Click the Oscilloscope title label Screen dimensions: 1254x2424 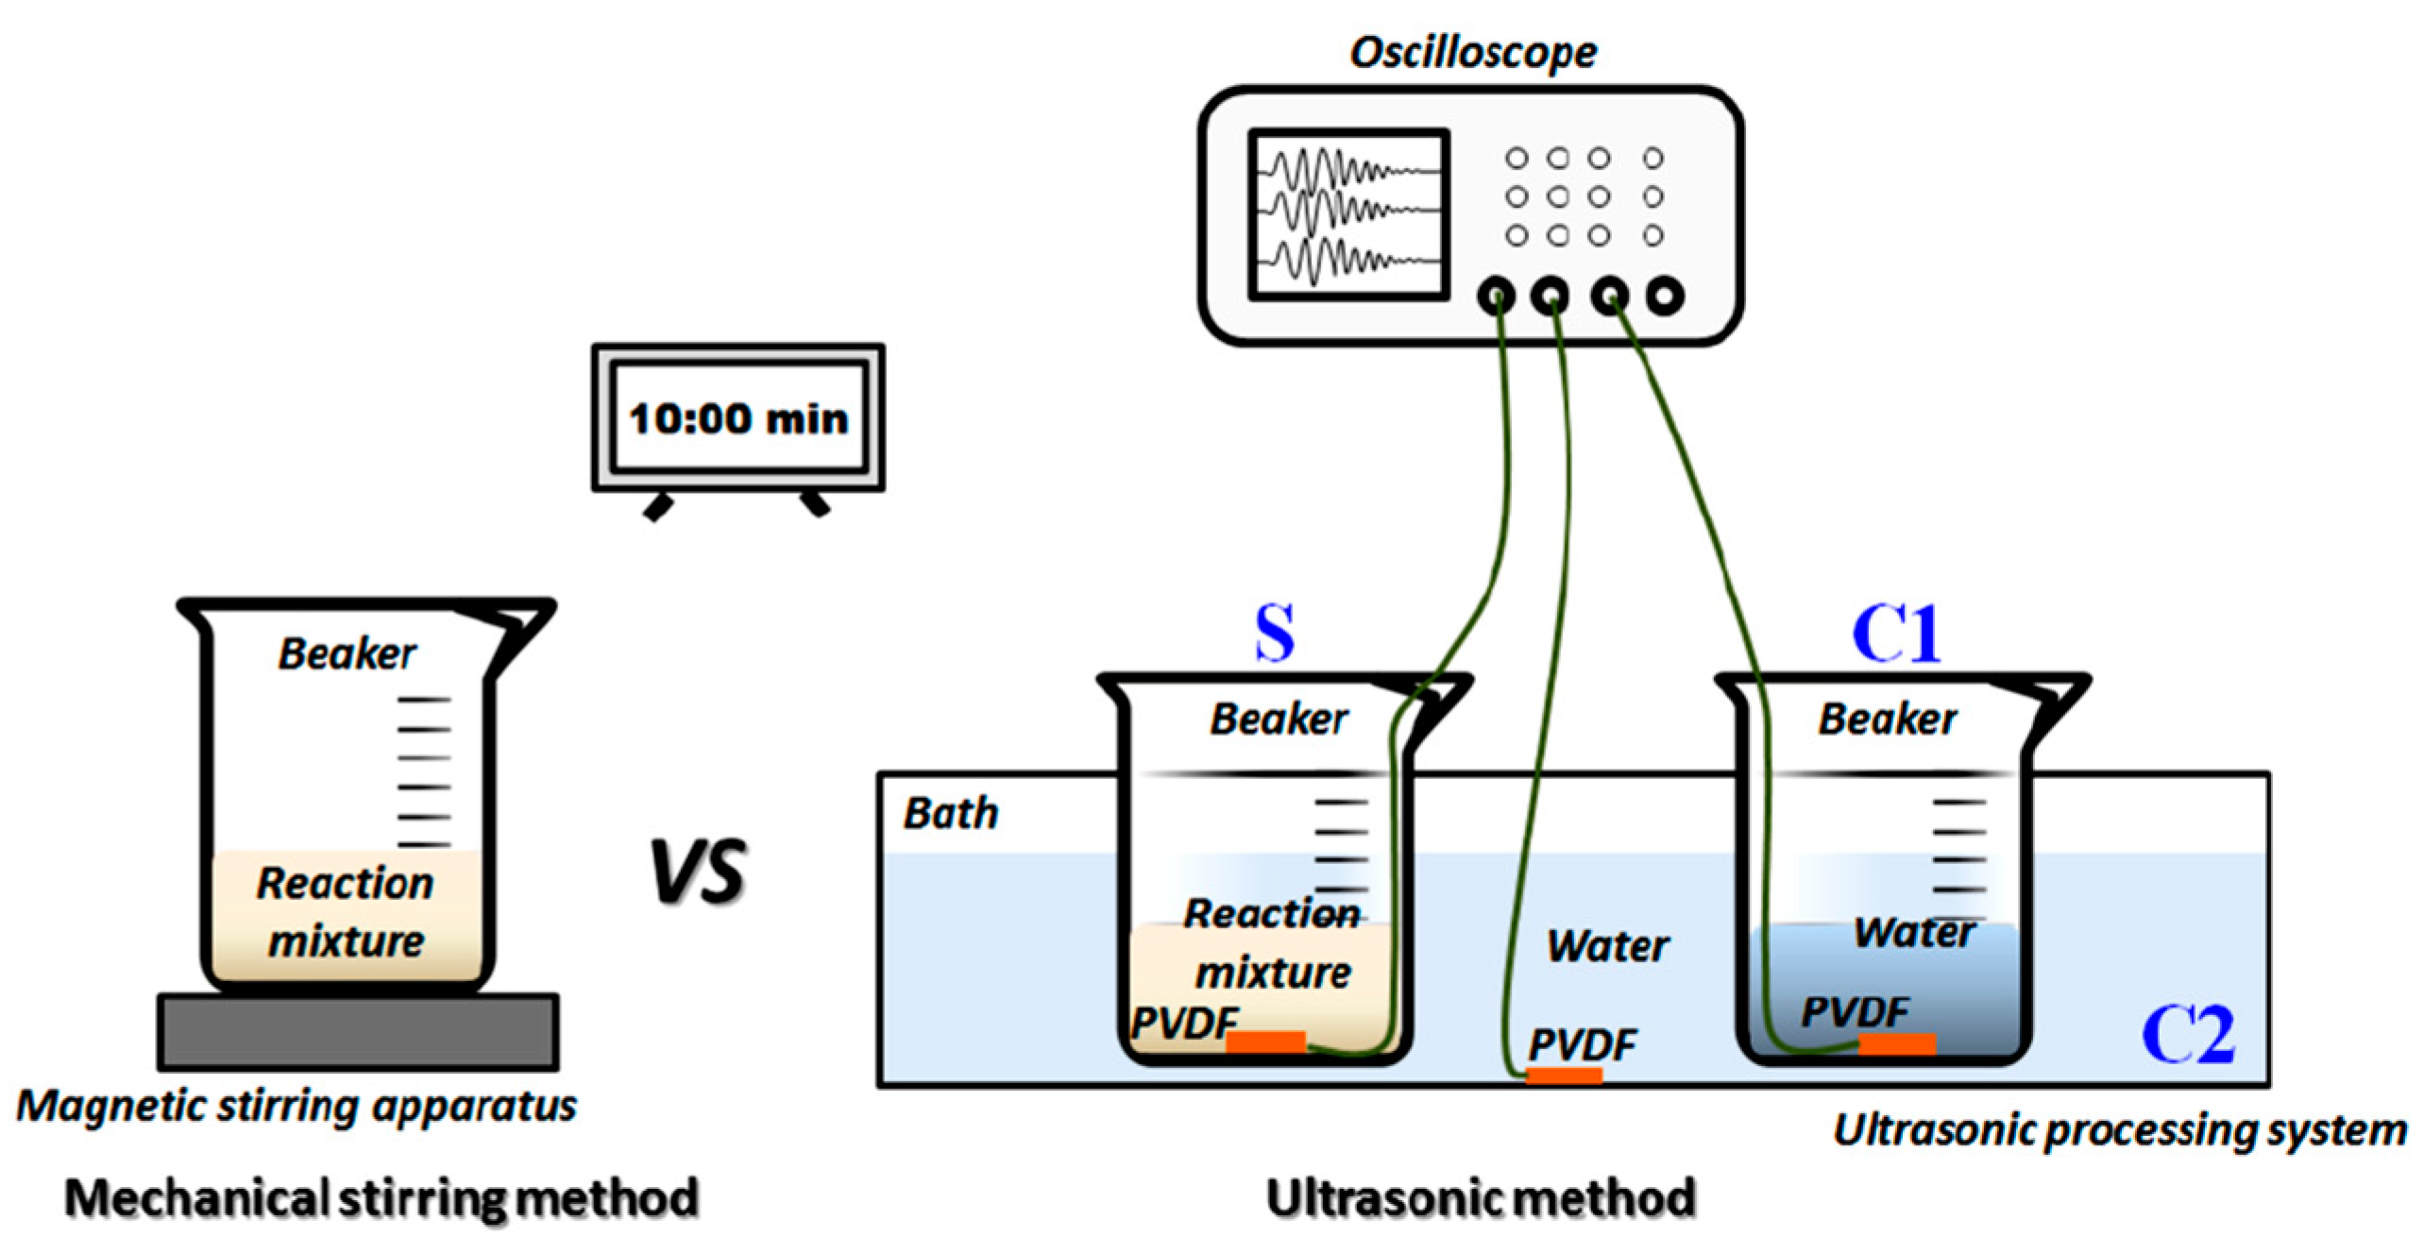(x=1471, y=53)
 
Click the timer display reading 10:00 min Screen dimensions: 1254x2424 (x=737, y=418)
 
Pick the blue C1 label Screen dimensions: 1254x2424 (x=1895, y=634)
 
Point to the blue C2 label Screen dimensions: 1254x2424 (x=2187, y=1035)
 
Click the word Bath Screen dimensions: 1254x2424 (x=950, y=814)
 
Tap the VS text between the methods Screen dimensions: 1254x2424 (x=698, y=872)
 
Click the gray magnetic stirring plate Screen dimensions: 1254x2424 (x=357, y=1031)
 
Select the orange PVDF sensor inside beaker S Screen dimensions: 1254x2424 (x=1265, y=1041)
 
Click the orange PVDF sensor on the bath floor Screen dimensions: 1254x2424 (x=1564, y=1075)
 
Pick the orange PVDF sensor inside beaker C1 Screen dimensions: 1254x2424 (x=1897, y=1043)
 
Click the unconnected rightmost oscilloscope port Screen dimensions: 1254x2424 (x=1665, y=297)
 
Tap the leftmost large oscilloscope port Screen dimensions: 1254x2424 (x=1496, y=297)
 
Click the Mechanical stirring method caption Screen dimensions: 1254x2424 (x=381, y=1197)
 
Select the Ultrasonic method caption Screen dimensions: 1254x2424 (x=1480, y=1197)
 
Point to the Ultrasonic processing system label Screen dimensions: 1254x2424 (x=2119, y=1129)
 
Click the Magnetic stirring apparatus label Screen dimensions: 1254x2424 (x=297, y=1106)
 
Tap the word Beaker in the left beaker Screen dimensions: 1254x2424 (x=347, y=653)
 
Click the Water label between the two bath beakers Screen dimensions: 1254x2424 (x=1607, y=945)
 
